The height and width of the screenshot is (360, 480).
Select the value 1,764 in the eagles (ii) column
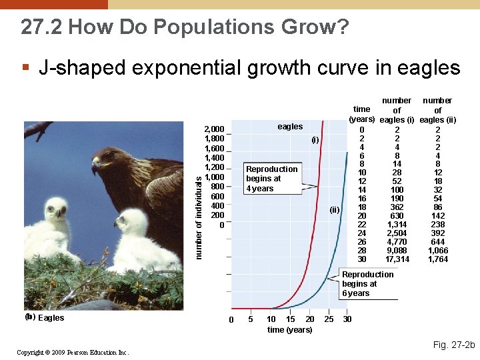tap(437, 259)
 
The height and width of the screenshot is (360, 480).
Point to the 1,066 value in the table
tap(437, 250)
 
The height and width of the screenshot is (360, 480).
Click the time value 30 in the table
tap(362, 259)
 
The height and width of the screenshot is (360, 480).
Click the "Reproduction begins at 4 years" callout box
tap(271, 179)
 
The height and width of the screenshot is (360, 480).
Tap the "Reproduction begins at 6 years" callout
tap(367, 284)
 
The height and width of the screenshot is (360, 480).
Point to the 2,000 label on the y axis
tap(215, 129)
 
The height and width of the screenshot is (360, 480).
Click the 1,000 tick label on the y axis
tap(215, 177)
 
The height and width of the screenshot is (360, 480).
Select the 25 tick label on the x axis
tap(329, 319)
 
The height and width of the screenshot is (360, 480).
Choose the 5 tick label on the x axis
tap(250, 319)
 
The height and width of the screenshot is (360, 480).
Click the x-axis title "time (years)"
tap(289, 330)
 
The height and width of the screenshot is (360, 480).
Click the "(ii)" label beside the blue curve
tap(335, 210)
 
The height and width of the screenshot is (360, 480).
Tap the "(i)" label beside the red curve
tap(315, 140)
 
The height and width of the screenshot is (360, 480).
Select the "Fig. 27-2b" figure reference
tap(453, 345)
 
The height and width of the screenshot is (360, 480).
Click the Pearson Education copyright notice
tap(73, 352)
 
